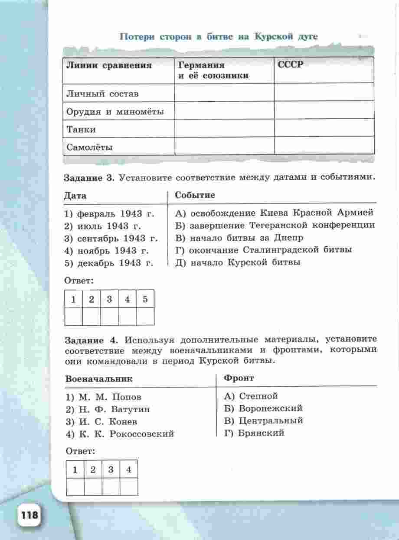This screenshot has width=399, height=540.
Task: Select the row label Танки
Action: pos(81,129)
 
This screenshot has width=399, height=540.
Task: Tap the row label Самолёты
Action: pos(90,147)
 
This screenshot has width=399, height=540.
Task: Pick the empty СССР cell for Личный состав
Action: pos(324,93)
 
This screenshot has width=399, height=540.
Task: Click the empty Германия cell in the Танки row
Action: pos(224,129)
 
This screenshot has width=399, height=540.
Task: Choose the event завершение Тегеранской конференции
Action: pos(275,226)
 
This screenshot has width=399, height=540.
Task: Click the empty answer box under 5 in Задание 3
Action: pos(145,317)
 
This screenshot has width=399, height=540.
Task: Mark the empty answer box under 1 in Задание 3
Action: pos(74,317)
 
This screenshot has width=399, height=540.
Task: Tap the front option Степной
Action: pos(251,396)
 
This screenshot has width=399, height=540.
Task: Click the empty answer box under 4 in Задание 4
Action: pos(128,487)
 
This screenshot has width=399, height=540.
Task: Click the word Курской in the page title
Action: pos(273,36)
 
